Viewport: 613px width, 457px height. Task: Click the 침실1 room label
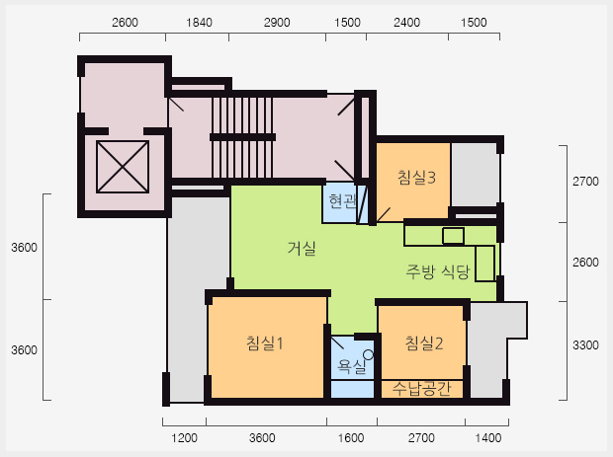pyautogui.click(x=264, y=343)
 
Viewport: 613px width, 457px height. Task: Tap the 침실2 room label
pyautogui.click(x=424, y=343)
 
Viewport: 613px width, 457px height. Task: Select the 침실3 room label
pyautogui.click(x=416, y=178)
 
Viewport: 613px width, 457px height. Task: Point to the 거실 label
pyautogui.click(x=302, y=248)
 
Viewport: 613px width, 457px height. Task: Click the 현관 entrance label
pyautogui.click(x=342, y=201)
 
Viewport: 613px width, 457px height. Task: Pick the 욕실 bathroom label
pyautogui.click(x=351, y=366)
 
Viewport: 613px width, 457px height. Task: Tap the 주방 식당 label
pyautogui.click(x=437, y=271)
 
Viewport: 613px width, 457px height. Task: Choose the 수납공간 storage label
pyautogui.click(x=422, y=389)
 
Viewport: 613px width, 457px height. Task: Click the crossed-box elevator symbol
pyautogui.click(x=123, y=167)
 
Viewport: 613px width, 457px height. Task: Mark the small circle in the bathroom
pyautogui.click(x=368, y=354)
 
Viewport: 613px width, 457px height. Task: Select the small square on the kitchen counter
pyautogui.click(x=454, y=236)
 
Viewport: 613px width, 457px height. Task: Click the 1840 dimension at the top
pyautogui.click(x=199, y=23)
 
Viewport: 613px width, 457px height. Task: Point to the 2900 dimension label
pyautogui.click(x=277, y=23)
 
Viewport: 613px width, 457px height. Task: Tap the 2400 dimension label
pyautogui.click(x=406, y=23)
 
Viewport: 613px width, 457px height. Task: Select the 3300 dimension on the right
pyautogui.click(x=585, y=345)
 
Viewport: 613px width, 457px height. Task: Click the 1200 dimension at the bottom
pyautogui.click(x=184, y=438)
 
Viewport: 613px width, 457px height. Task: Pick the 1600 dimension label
pyautogui.click(x=351, y=438)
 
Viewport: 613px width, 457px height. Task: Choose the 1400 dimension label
pyautogui.click(x=488, y=438)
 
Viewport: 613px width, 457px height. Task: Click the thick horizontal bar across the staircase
pyautogui.click(x=243, y=137)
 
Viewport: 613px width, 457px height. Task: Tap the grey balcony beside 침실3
pyautogui.click(x=475, y=175)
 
